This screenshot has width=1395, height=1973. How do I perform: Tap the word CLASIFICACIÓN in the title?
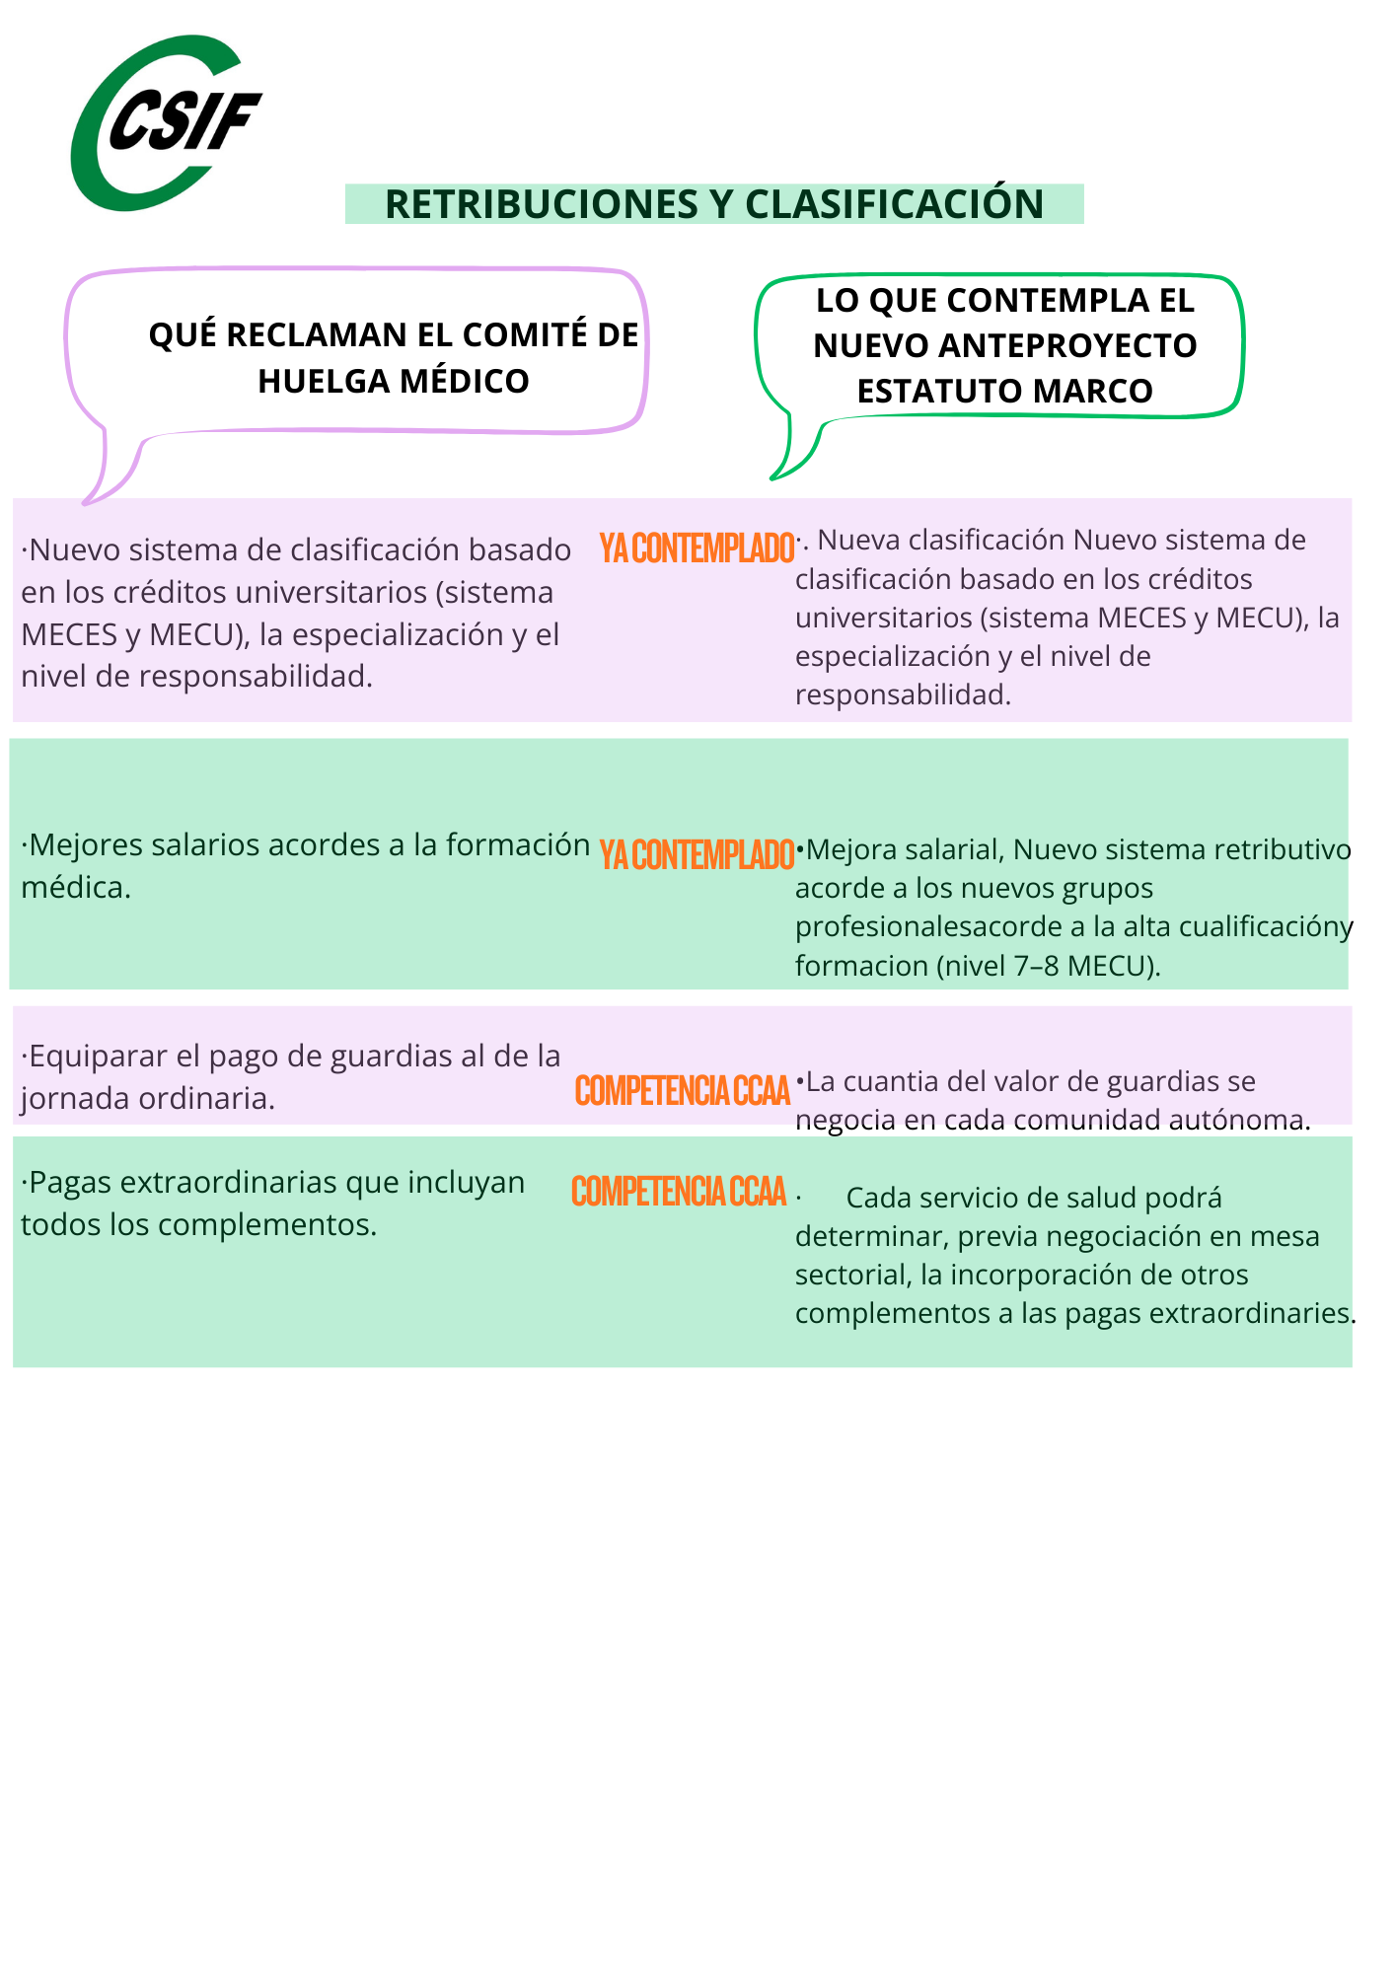coord(894,204)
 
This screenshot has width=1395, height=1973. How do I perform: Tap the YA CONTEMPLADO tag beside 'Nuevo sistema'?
coord(697,548)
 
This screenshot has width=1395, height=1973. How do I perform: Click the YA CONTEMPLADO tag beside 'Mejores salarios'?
coord(697,855)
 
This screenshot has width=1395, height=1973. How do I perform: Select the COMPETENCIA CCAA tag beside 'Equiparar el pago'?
coord(683,1091)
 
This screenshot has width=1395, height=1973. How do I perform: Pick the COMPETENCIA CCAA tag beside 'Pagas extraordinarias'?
coord(679,1192)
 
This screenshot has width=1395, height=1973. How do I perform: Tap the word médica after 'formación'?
coord(75,888)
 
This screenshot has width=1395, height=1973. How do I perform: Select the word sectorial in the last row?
coord(852,1275)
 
